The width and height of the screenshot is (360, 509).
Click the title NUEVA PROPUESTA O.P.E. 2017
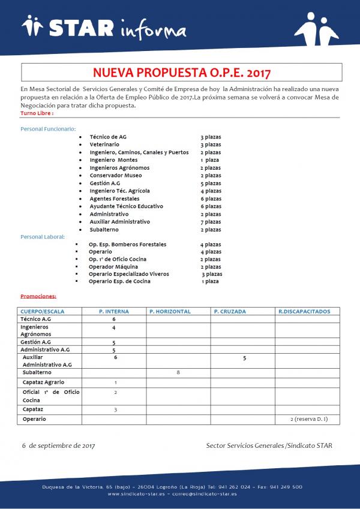[181, 73]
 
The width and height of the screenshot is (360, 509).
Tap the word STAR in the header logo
[82, 28]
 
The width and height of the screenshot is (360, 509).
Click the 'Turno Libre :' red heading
[37, 113]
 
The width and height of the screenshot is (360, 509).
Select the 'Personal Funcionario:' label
[49, 129]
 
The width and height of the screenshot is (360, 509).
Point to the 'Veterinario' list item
[104, 144]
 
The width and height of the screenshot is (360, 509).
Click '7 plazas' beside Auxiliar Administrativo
[211, 222]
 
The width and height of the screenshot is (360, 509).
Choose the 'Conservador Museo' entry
[116, 176]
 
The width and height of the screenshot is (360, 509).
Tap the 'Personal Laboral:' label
[43, 237]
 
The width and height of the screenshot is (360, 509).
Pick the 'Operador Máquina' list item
[113, 267]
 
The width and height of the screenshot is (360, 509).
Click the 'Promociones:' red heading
[38, 296]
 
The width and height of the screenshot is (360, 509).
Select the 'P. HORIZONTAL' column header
[170, 312]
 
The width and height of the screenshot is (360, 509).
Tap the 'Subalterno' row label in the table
[37, 372]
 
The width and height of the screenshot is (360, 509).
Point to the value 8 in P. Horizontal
[178, 372]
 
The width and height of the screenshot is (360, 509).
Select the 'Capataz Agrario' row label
[43, 382]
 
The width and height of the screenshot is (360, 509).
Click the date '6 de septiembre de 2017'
[58, 445]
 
